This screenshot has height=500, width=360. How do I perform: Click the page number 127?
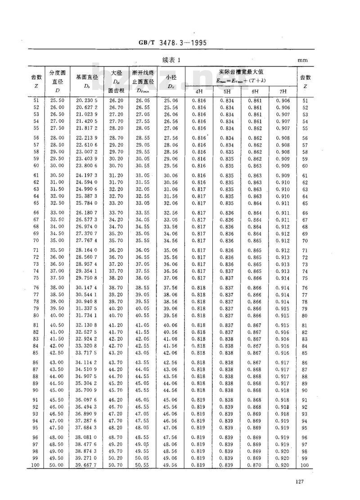pyautogui.click(x=301, y=482)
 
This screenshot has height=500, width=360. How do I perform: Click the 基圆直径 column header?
pyautogui.click(x=87, y=77)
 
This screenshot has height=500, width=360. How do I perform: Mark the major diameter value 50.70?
pyautogui.click(x=117, y=465)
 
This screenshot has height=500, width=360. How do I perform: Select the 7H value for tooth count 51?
pyautogui.click(x=282, y=101)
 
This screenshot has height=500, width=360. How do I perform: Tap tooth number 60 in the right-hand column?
pyautogui.click(x=305, y=166)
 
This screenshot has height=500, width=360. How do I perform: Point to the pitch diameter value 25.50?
pyautogui.click(x=57, y=101)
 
